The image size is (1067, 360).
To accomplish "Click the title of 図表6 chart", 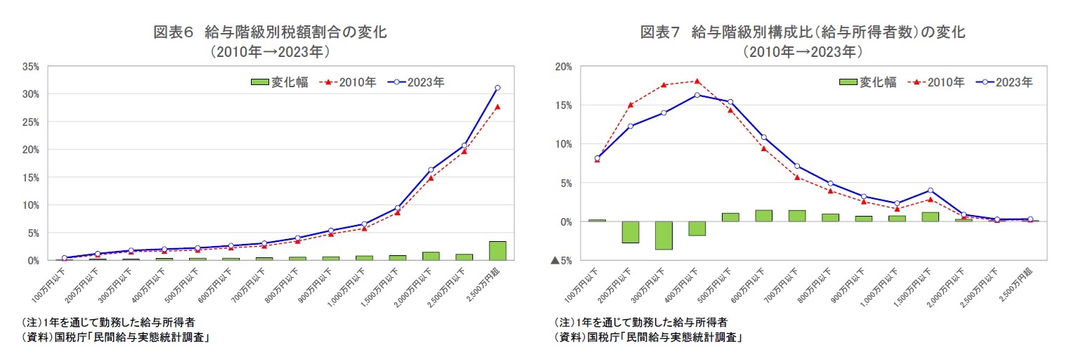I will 270,32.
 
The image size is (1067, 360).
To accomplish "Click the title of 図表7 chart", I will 802,32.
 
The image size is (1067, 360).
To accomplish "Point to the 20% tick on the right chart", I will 562,66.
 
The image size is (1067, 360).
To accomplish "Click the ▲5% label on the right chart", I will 560,261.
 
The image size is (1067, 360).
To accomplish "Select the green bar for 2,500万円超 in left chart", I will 497,251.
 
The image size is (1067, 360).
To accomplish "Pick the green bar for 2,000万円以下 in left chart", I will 431,256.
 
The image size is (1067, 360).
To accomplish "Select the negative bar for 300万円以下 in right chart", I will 664,236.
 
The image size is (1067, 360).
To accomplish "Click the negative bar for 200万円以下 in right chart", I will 630,232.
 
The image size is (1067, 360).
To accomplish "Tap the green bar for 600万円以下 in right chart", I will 763,216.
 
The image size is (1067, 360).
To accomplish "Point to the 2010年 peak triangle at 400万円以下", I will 697,81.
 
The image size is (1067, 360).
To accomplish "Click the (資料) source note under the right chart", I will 650,337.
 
